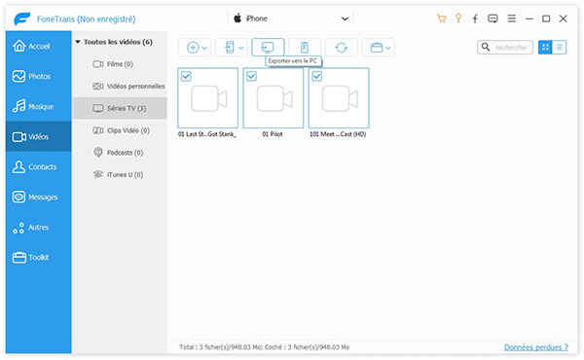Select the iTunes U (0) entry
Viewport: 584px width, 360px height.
pos(123,174)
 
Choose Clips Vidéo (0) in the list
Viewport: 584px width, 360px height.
pos(127,129)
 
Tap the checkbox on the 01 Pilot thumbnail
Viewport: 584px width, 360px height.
pos(252,76)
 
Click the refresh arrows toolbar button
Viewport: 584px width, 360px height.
pos(342,47)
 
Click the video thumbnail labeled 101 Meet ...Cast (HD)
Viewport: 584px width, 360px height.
pos(338,98)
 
